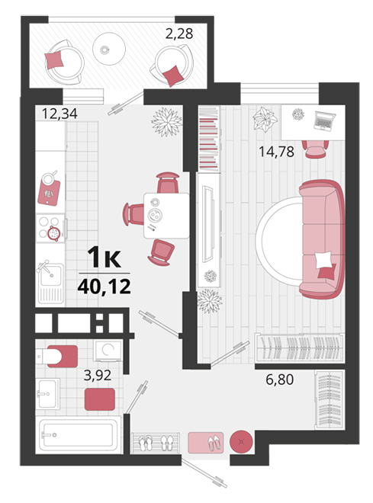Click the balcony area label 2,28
coord(179,34)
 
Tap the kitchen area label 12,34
coord(59,114)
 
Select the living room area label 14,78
coord(276,152)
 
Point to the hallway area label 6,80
coord(280,380)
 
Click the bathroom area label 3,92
coord(98,375)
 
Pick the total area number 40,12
coord(105,287)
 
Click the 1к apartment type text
coord(105,258)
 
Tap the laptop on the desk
coord(324,120)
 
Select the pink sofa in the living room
coord(322,239)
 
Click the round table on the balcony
coord(109,49)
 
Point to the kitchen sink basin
coord(50,274)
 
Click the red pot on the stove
coord(54,233)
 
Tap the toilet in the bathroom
coord(56,356)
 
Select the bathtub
coord(79,434)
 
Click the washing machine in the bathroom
coord(108,351)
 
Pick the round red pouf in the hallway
coord(241,442)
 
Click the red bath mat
coord(100,399)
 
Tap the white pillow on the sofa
coord(323,260)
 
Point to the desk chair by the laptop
coord(315,149)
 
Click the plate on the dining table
coord(155,215)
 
